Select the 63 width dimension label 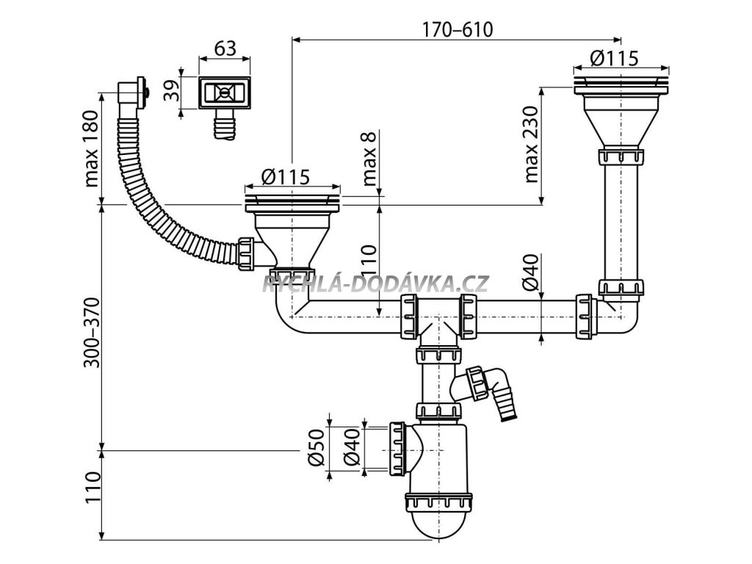pyautogui.click(x=225, y=49)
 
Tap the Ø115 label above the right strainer pyautogui.click(x=614, y=57)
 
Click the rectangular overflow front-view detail pyautogui.click(x=225, y=93)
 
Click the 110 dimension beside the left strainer pyautogui.click(x=369, y=259)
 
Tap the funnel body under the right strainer pyautogui.click(x=621, y=117)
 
